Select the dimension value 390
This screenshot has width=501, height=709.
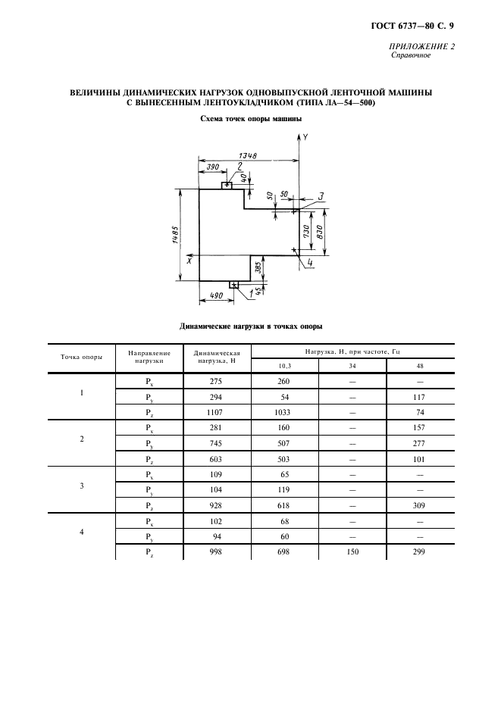(212, 167)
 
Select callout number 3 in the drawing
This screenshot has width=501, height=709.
(321, 197)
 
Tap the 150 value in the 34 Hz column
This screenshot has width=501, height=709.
(352, 551)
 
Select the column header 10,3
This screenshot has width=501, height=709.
(283, 367)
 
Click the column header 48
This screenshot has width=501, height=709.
(419, 367)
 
